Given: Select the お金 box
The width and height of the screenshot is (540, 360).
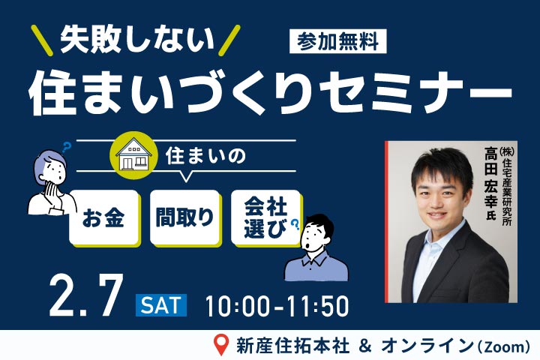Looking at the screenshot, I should (x=104, y=217).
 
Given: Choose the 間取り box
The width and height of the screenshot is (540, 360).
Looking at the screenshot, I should (x=184, y=217).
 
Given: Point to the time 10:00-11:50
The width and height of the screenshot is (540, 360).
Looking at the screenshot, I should (x=276, y=305).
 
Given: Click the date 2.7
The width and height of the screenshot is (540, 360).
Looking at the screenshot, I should (x=85, y=296).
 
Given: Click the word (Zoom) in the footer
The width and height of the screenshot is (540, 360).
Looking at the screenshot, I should (x=502, y=346).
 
